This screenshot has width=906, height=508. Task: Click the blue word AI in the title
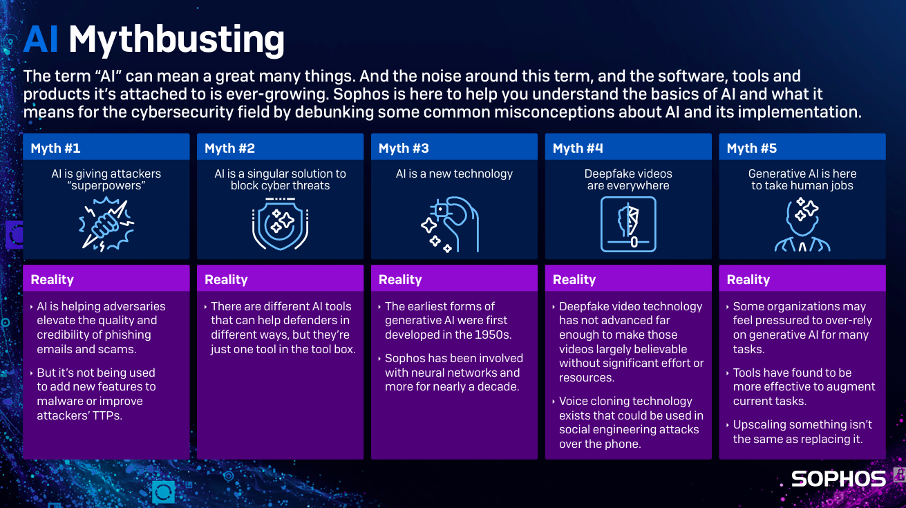tap(40, 40)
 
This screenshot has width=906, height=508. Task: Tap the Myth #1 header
tap(56, 148)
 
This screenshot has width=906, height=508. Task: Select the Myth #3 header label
tap(404, 148)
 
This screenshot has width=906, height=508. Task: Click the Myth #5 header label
tap(752, 148)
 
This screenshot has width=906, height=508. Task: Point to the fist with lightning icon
tap(106, 223)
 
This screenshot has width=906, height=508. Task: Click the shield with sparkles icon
tap(280, 223)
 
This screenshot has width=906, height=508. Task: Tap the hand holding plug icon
tap(450, 223)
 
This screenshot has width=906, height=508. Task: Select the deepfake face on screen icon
tap(628, 224)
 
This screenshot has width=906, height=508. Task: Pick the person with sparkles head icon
tap(802, 223)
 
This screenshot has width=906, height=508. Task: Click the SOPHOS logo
tap(838, 478)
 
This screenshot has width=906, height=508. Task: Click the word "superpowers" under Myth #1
tap(106, 186)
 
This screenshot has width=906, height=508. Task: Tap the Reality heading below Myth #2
tap(226, 279)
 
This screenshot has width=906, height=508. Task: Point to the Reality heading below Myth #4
tap(574, 279)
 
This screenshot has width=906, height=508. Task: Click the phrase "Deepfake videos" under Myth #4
tap(628, 173)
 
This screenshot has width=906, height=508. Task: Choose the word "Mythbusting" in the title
tap(176, 40)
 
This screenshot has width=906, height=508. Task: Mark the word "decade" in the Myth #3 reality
tap(498, 386)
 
